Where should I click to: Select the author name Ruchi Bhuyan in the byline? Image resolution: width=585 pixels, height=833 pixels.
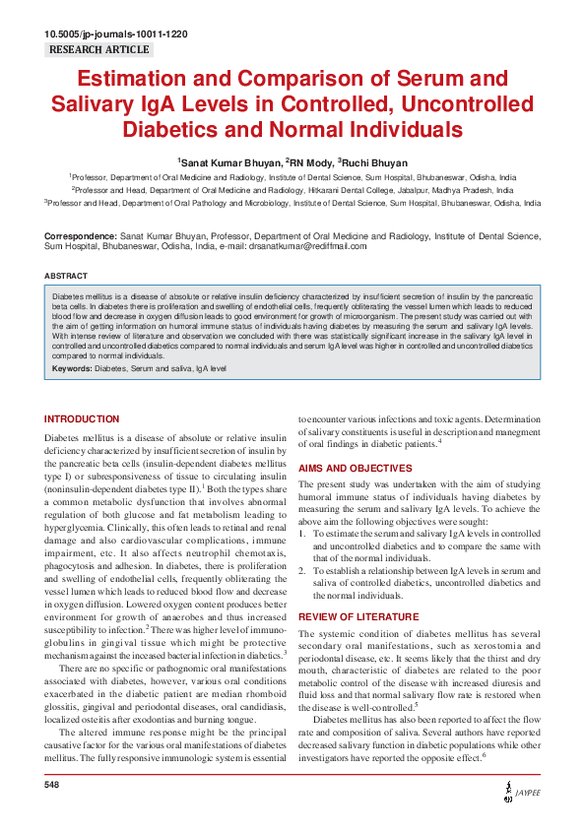375,160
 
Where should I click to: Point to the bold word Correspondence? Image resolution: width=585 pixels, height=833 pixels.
80,236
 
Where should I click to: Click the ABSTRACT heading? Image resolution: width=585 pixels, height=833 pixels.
66,276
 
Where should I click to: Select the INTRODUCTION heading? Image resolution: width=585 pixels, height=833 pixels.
82,418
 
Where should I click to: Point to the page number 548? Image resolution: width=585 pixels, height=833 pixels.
53,785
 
